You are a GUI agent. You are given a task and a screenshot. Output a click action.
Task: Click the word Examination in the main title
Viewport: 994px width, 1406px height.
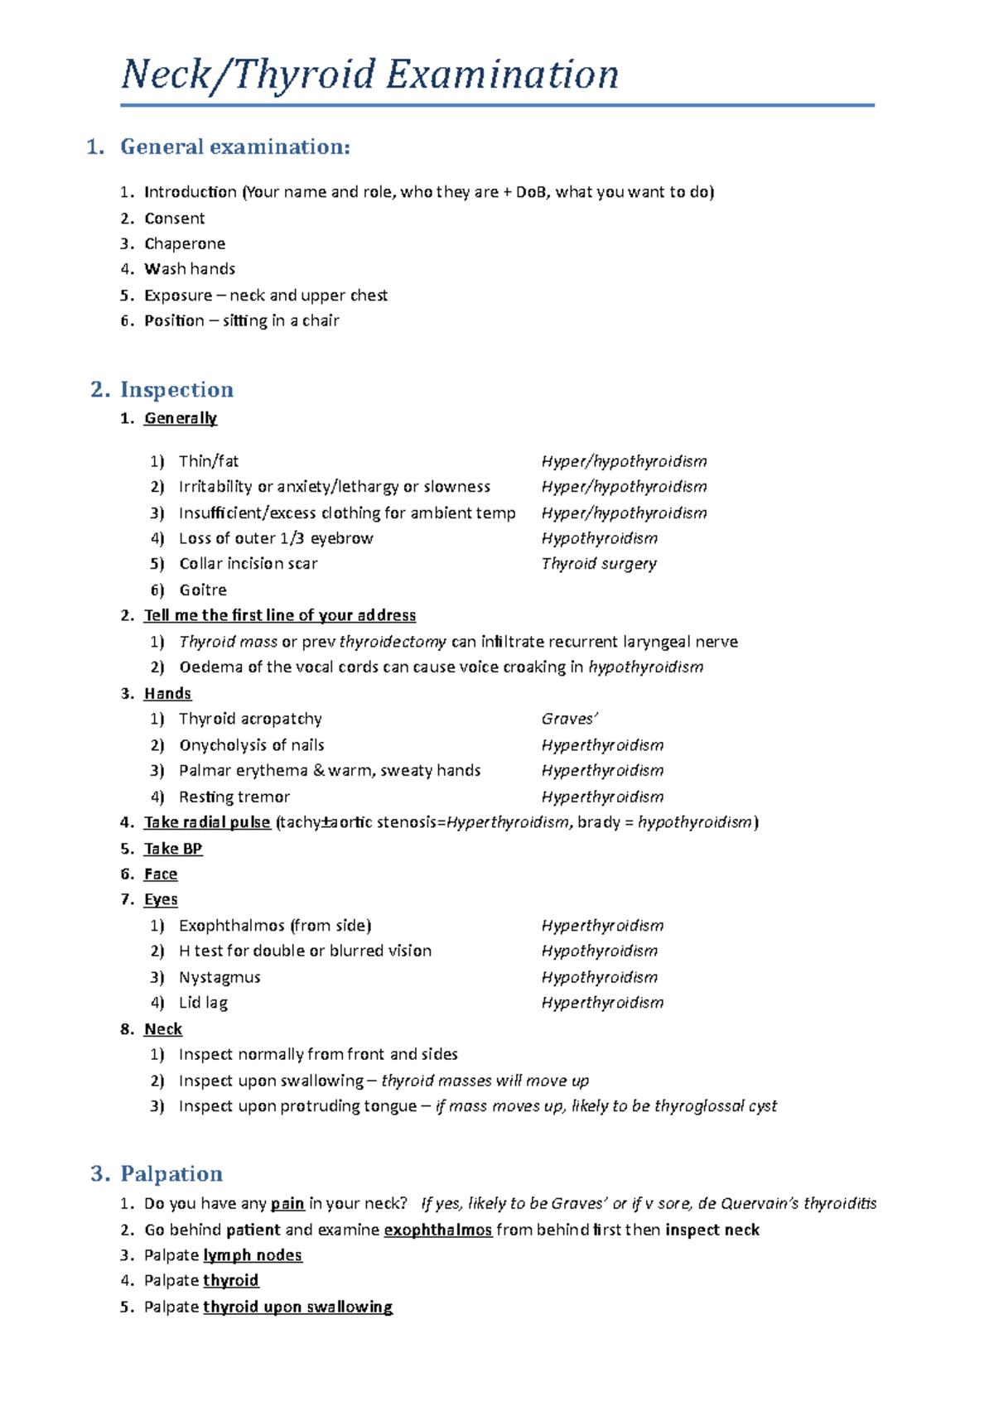pos(502,75)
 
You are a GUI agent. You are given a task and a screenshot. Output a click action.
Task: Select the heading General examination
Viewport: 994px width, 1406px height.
pos(234,147)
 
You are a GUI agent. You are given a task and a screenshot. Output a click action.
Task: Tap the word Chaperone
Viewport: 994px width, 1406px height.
pos(185,243)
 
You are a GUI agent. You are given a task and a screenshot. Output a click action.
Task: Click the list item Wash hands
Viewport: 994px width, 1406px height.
pos(190,269)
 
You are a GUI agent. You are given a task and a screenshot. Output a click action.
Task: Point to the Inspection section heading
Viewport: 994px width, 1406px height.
pos(176,389)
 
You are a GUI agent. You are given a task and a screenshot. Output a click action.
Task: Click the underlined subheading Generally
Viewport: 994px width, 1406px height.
pos(181,418)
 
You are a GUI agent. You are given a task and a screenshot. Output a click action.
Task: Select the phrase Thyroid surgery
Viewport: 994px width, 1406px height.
pos(599,564)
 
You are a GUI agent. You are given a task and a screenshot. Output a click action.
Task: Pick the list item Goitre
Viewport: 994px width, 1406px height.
pos(203,590)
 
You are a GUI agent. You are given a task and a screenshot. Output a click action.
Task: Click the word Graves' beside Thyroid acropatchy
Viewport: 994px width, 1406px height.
pos(569,719)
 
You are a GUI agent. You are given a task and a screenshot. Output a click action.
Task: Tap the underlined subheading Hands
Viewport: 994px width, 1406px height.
pos(167,693)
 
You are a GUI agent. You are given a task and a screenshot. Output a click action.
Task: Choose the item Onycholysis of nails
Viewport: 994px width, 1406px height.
pos(252,745)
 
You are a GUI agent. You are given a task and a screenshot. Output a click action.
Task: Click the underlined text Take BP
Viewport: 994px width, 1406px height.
pos(173,849)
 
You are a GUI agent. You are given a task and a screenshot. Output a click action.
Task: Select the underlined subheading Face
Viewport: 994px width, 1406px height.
pos(161,874)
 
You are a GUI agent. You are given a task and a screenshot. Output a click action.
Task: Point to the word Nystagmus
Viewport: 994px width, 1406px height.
pos(220,977)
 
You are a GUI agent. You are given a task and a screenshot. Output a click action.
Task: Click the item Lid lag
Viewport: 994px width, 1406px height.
pos(203,1003)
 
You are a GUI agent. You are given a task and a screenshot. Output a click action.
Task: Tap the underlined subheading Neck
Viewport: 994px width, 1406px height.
pos(163,1029)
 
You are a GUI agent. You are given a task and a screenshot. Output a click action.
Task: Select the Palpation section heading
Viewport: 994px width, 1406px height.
pos(171,1173)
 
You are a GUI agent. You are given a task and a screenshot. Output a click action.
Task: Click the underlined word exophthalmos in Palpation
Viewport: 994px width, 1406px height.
pos(438,1230)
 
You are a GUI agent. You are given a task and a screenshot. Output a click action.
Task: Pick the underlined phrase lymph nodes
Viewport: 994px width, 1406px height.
pos(253,1255)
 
